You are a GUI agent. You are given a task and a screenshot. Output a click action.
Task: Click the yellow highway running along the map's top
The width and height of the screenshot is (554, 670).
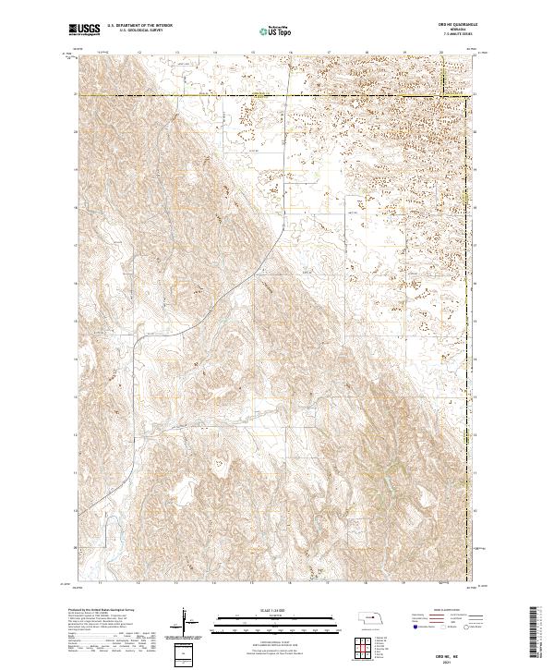[277, 94]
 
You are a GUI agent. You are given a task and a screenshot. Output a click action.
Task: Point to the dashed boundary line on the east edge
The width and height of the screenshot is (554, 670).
[473, 277]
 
